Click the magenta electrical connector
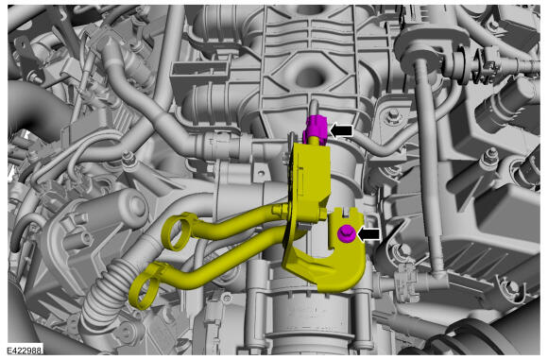pos(316,129)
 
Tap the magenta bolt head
pos(347,233)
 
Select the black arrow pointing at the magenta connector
pos(341,131)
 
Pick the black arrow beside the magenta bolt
pos(368,233)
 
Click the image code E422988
pos(25,350)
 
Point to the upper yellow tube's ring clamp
pos(177,231)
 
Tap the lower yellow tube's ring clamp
pos(144,286)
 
